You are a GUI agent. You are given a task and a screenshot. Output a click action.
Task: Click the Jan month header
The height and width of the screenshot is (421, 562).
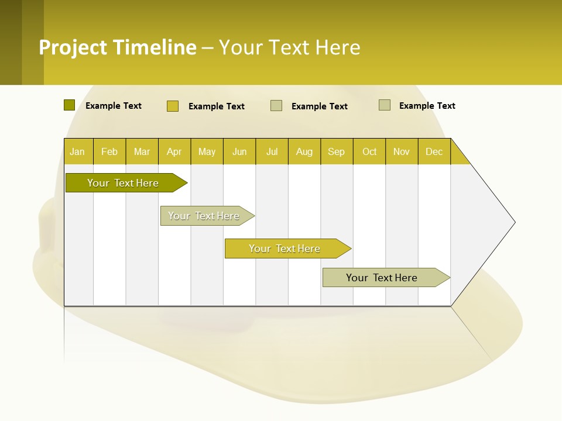click(77, 151)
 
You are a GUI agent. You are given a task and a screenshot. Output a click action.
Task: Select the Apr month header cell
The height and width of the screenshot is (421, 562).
click(174, 151)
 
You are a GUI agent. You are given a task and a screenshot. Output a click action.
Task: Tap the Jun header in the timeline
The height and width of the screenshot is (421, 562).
click(239, 151)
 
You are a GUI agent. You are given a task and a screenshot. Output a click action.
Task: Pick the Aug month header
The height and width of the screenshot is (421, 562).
click(304, 151)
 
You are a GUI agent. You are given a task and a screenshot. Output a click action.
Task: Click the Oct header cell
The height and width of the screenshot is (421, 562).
click(369, 151)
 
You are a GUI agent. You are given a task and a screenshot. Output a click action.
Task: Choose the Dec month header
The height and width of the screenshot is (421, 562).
click(434, 151)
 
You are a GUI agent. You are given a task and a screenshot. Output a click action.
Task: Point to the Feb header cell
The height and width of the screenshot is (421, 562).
click(109, 151)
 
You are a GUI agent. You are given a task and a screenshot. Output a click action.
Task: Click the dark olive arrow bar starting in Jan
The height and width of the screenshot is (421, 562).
click(123, 183)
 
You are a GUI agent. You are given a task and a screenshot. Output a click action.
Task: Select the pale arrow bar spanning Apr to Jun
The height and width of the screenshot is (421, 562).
click(204, 216)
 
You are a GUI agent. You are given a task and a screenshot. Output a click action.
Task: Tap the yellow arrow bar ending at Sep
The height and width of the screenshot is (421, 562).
click(285, 249)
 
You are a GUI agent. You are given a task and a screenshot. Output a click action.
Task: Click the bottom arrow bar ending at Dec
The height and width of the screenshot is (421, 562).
click(382, 278)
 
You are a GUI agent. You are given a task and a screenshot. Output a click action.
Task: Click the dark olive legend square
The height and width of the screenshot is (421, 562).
click(69, 105)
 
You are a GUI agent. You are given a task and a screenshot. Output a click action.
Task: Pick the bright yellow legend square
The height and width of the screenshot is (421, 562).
click(172, 106)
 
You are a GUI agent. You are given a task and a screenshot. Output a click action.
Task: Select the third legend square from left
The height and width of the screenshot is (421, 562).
click(276, 106)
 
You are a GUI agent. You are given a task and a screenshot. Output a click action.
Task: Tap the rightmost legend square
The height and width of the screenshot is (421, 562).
click(384, 105)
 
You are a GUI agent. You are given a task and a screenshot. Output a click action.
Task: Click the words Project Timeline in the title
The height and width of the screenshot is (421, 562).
click(118, 47)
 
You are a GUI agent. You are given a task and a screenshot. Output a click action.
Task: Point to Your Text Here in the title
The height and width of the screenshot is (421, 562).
click(289, 47)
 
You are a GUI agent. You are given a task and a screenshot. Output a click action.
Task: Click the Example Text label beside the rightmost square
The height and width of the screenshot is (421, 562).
click(427, 106)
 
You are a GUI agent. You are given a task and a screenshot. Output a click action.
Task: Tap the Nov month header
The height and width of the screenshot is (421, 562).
click(402, 151)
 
